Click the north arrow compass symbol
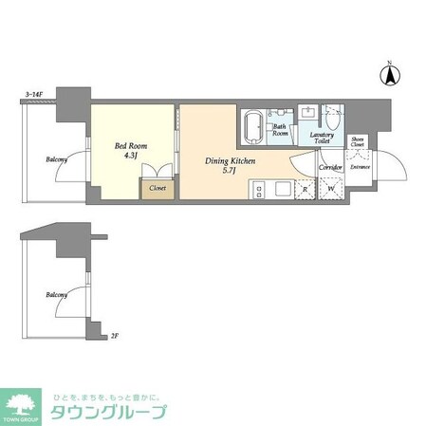(x=389, y=71)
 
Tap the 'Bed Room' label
(x=130, y=146)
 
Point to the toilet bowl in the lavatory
(x=333, y=119)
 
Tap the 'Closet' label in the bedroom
(x=157, y=189)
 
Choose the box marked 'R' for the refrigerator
(x=305, y=189)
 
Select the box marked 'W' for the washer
(x=330, y=189)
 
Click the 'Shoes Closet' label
(x=357, y=142)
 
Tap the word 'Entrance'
(x=361, y=168)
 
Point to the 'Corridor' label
(x=330, y=167)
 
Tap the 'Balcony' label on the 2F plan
(x=56, y=295)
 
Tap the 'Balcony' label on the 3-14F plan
(x=56, y=159)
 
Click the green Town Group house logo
(x=21, y=402)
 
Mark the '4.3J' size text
(x=129, y=157)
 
